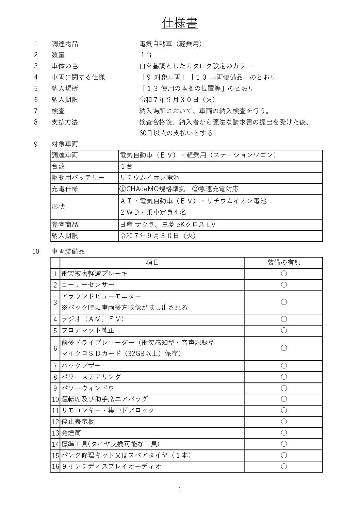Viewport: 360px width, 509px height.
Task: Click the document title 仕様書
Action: tap(180, 23)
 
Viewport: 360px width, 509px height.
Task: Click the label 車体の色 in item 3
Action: tap(65, 66)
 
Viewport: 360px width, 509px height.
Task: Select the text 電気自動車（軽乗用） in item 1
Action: tap(171, 44)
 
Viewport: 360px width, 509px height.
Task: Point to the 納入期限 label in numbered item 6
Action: tap(65, 100)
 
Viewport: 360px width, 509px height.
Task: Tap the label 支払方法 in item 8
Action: tap(65, 122)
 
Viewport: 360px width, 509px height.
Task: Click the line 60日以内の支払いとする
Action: tap(178, 133)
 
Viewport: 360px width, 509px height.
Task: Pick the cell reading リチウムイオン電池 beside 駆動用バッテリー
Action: tap(150, 178)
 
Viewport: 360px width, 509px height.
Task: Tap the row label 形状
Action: tap(58, 207)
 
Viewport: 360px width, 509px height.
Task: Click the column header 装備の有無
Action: tap(284, 262)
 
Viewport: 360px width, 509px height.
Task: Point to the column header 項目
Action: tap(152, 262)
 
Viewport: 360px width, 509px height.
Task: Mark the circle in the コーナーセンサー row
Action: tap(284, 285)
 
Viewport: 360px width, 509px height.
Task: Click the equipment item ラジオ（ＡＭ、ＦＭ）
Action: tap(93, 319)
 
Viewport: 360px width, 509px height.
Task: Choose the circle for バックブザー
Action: tap(284, 366)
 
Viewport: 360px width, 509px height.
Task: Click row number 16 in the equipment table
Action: tap(55, 466)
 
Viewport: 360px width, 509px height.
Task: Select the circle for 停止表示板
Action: tap(284, 422)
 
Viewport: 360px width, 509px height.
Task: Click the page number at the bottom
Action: tap(180, 490)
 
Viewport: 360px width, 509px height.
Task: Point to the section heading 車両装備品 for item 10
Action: tap(68, 251)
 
